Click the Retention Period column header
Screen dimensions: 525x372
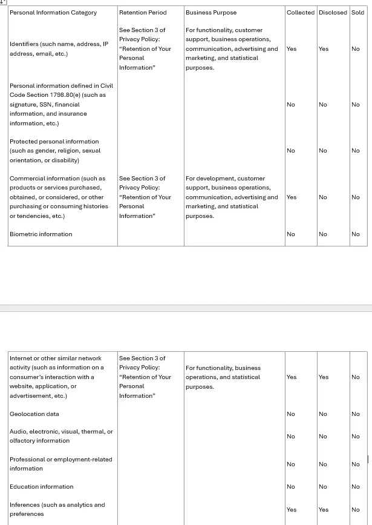click(x=143, y=12)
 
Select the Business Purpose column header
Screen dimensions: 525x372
click(x=211, y=12)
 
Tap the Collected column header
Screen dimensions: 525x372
click(x=301, y=12)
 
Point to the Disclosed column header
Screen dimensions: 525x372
click(x=333, y=12)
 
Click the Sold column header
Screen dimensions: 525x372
click(x=357, y=12)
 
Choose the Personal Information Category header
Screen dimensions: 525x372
click(x=53, y=12)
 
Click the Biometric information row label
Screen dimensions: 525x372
click(x=41, y=234)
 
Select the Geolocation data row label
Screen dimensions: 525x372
click(x=34, y=414)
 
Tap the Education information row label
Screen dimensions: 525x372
click(x=41, y=487)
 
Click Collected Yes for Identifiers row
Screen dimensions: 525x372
click(x=292, y=49)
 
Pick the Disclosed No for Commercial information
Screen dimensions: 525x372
click(x=323, y=197)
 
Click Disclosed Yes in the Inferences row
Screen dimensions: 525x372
click(x=324, y=510)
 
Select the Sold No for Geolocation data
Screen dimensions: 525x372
click(x=356, y=414)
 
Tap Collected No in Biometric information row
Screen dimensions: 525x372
click(x=291, y=234)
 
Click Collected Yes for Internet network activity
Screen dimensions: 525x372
click(x=292, y=377)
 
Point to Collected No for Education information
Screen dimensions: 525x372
click(x=291, y=487)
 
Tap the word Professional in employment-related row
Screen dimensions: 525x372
click(x=26, y=460)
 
